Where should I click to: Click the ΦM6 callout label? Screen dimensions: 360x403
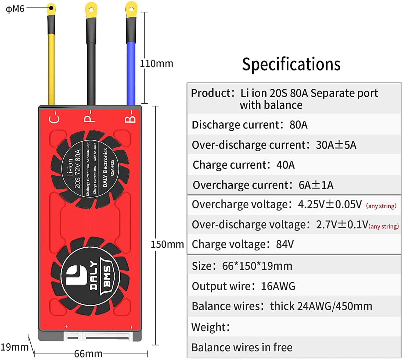[x=15, y=9]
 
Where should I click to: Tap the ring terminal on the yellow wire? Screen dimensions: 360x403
[x=51, y=9]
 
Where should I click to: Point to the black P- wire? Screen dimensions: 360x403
[x=91, y=67]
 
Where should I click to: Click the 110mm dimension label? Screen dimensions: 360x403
[x=156, y=64]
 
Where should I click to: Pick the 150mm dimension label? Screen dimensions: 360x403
[x=167, y=244]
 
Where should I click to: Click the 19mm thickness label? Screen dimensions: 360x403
[x=14, y=347]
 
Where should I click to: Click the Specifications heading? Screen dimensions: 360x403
[x=291, y=65]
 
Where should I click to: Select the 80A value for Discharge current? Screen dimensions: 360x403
[x=298, y=125]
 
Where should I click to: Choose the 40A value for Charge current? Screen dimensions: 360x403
[x=285, y=165]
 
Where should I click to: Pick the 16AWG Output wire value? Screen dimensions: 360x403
[x=278, y=286]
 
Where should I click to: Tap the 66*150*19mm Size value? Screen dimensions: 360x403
[x=257, y=266]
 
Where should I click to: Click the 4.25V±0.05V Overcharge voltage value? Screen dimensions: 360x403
[x=330, y=205]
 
